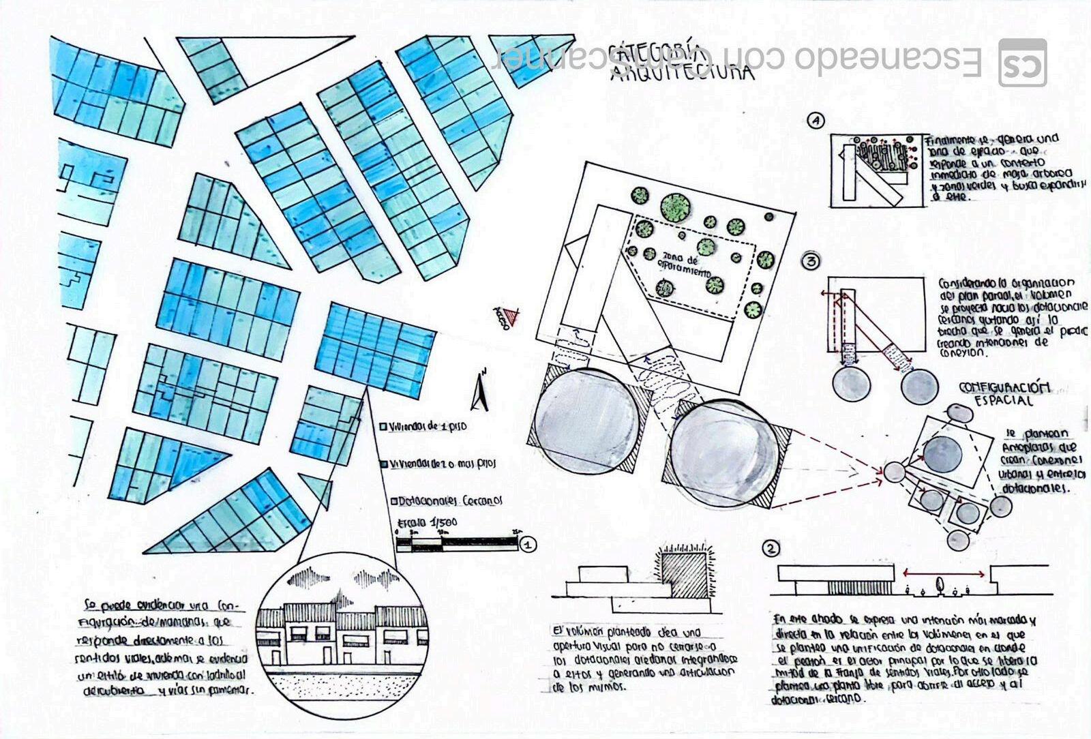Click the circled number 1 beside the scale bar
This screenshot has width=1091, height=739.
(527, 545)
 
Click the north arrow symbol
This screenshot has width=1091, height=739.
(481, 391)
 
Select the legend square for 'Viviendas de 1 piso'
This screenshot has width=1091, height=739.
(383, 427)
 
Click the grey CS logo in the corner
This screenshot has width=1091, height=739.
(1022, 63)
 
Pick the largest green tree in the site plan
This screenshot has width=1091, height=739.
(674, 207)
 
